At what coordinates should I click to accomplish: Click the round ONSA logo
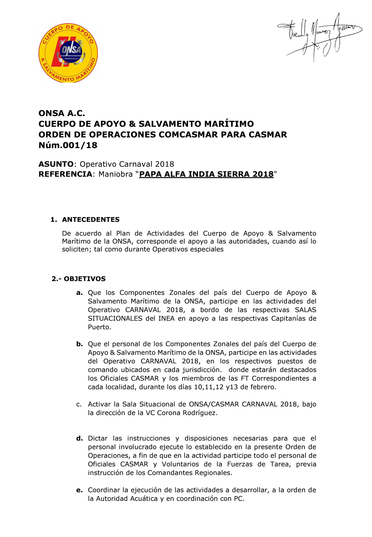[x=68, y=53]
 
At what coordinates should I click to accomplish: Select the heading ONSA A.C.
[x=62, y=113]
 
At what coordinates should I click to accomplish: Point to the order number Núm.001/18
[x=68, y=145]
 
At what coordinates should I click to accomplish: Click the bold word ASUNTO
[x=56, y=164]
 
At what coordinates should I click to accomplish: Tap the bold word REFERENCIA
[x=65, y=174]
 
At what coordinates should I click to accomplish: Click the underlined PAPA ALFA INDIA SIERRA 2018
[x=206, y=174]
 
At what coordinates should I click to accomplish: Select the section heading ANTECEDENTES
[x=91, y=220]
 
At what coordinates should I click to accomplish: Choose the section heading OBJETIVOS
[x=85, y=279]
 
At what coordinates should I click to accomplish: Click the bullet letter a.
[x=80, y=293]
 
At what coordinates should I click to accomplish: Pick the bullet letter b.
[x=80, y=344]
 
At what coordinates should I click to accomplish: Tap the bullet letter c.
[x=79, y=404]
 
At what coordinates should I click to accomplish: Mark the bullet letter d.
[x=80, y=438]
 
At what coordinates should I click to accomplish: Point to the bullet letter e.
[x=80, y=490]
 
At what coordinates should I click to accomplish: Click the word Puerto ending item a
[x=99, y=327]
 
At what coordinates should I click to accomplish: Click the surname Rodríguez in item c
[x=200, y=413]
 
